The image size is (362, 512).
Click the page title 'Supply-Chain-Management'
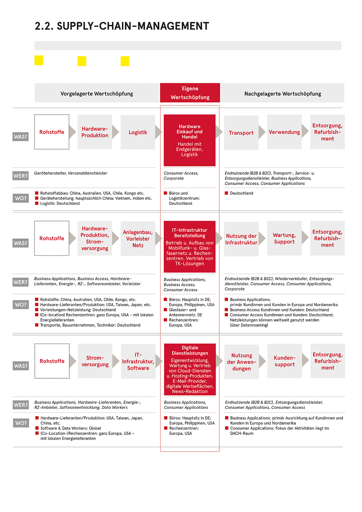122,26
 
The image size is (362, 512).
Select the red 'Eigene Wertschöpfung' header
190,93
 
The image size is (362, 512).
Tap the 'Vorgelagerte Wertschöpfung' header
97,93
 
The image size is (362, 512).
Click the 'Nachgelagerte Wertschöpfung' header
283,93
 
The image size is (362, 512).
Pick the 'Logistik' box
138,132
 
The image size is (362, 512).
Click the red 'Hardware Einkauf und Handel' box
190,140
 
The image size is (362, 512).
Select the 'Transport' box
241,133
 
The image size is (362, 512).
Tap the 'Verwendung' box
284,132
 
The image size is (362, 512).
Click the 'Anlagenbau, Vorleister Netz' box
138,238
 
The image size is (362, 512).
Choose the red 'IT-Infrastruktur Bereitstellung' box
190,247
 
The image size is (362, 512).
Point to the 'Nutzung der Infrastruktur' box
241,239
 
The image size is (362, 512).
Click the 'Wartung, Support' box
284,238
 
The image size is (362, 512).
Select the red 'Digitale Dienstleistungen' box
190,369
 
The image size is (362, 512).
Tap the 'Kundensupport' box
285,361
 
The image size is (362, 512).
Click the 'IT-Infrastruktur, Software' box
138,361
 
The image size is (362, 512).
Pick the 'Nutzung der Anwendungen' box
241,362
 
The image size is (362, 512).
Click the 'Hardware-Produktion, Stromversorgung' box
95,238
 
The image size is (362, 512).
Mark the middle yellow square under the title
82,61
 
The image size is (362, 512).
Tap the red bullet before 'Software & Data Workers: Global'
37,428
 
